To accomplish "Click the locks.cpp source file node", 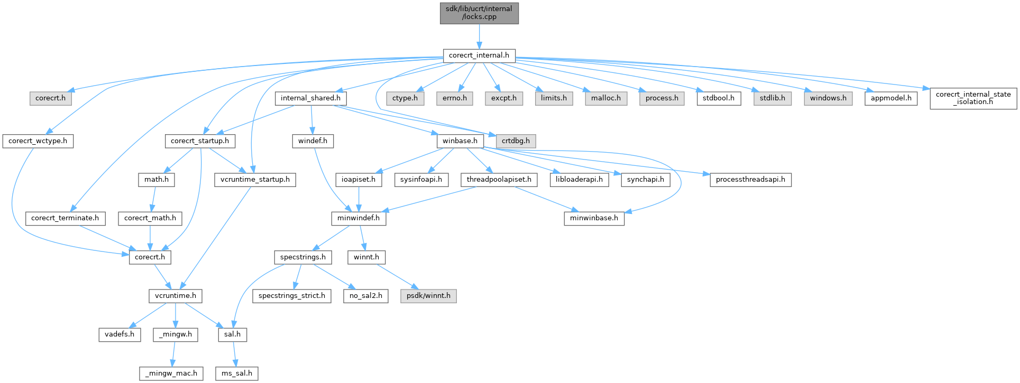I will (x=479, y=13).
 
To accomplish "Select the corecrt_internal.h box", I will (x=479, y=55).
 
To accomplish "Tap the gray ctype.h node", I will (x=405, y=98).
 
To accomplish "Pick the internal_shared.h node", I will (x=310, y=98).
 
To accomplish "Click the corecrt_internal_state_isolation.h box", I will (x=973, y=98).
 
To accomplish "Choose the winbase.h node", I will (x=460, y=141).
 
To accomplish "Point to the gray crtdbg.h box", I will (x=516, y=141).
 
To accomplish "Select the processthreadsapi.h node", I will (x=750, y=180).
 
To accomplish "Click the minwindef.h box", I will (x=359, y=218).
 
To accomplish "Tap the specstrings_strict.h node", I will (x=292, y=296).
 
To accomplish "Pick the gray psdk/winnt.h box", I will (x=428, y=296).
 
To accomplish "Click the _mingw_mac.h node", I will (x=171, y=373).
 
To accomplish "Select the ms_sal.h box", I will (x=237, y=373).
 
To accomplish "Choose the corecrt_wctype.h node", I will (x=38, y=141).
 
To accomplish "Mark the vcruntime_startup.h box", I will (x=255, y=180).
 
